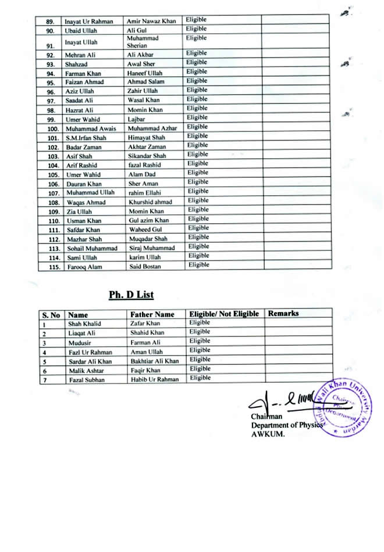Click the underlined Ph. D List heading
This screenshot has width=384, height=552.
[131, 295]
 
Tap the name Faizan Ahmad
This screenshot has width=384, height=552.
[84, 82]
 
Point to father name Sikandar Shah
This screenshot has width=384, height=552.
[147, 156]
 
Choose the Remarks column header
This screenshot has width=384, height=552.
[283, 314]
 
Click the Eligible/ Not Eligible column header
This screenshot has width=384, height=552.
[224, 314]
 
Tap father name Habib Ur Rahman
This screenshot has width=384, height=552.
[153, 379]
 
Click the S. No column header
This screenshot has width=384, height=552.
[51, 315]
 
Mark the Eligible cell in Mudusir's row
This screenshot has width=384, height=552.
[200, 342]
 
